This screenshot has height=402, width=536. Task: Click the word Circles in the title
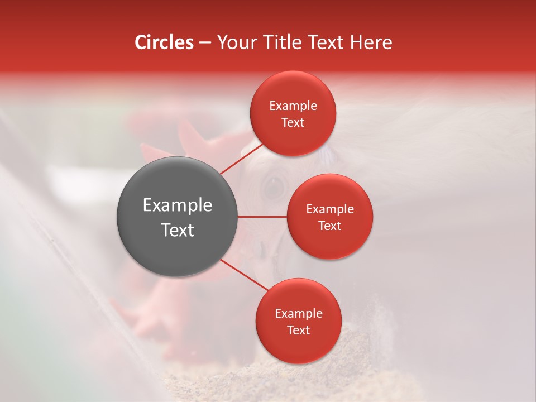(x=164, y=42)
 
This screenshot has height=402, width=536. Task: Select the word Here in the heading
(x=371, y=42)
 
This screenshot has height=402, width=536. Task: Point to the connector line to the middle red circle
(x=262, y=217)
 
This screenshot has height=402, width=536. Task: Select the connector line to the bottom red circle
(x=244, y=274)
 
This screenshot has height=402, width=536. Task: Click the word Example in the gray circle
(x=178, y=205)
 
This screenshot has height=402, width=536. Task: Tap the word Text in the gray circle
(x=178, y=230)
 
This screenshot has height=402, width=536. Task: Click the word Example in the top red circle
(x=293, y=106)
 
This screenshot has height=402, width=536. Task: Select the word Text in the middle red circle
(x=329, y=226)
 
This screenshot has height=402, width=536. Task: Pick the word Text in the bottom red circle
(x=298, y=331)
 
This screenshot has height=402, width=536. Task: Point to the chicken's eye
(x=274, y=186)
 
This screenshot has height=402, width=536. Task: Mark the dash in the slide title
(x=205, y=43)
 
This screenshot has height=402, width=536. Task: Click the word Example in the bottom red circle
(x=299, y=314)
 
